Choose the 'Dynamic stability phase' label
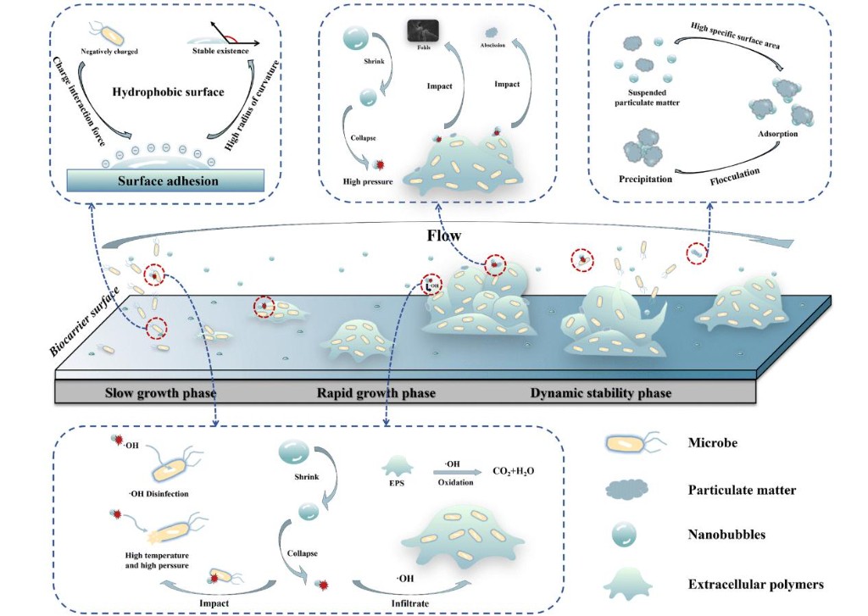(x=600, y=393)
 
